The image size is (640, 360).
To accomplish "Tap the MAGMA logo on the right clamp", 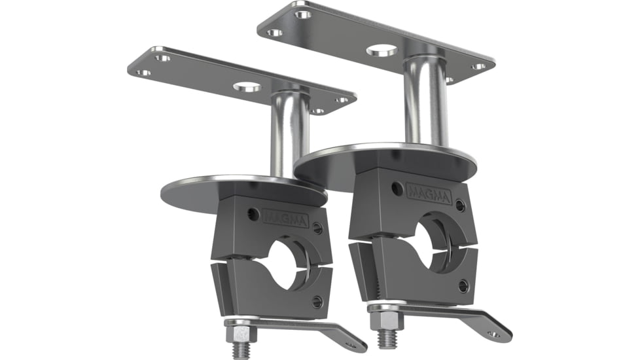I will coord(429,192).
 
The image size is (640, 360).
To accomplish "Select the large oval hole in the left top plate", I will coord(247,86).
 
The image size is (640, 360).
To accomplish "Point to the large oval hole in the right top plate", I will coord(382,50).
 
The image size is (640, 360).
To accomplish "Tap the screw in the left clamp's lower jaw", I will coord(317,302).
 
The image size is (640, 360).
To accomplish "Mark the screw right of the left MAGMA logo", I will coord(318,228).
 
